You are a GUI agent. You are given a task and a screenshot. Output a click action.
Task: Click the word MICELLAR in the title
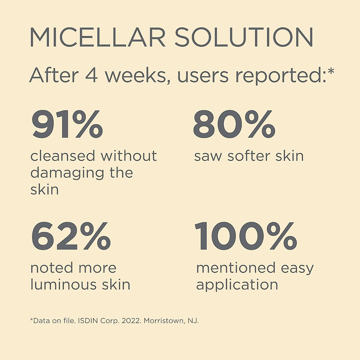pos(97,37)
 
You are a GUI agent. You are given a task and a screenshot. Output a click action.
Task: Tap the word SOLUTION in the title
pos(244,37)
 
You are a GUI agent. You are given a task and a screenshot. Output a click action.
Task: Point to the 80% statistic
pos(234,124)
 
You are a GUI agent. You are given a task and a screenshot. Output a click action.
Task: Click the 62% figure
pos(71,236)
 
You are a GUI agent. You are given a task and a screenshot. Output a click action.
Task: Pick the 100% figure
pos(246,236)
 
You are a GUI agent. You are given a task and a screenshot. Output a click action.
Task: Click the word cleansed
pos(63,156)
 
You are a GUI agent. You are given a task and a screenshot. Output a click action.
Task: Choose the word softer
pos(249,156)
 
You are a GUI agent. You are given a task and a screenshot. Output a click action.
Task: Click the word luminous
pos(63,284)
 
